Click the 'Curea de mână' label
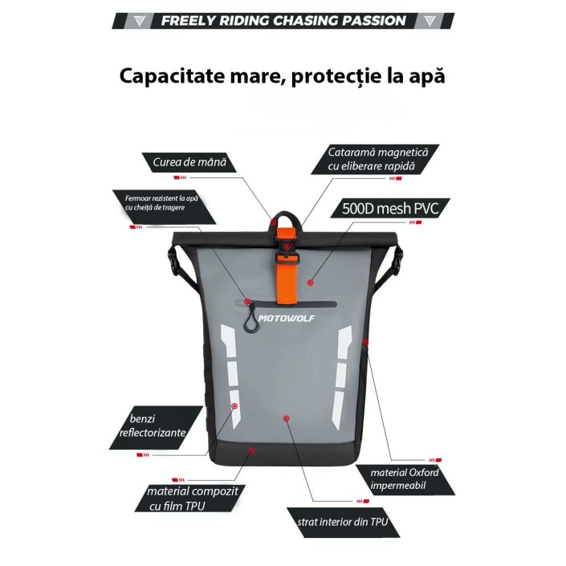189,162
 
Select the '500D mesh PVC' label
390,208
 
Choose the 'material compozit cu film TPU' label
190,498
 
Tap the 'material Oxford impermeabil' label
405,479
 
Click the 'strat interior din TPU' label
343,522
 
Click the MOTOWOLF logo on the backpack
287,319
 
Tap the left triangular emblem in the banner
140,21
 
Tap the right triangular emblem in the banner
430,21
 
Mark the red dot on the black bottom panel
251,451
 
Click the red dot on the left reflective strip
234,406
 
